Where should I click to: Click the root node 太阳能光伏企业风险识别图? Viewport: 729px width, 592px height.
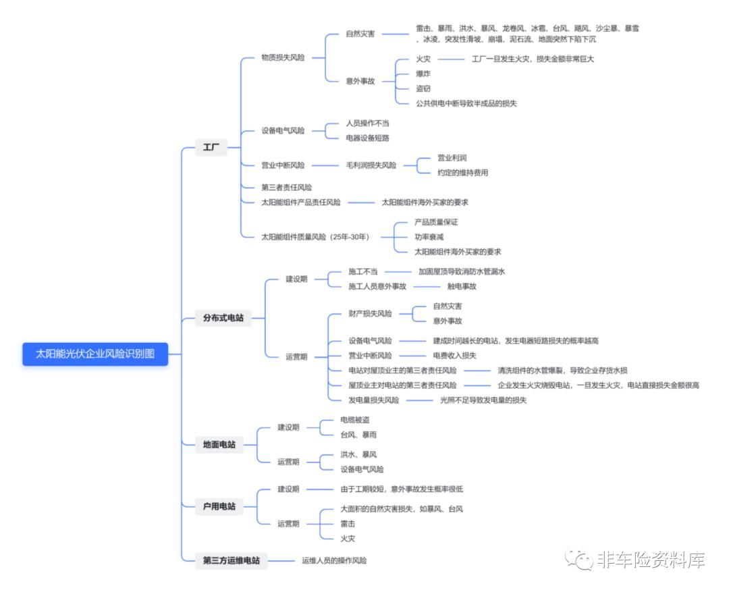pyautogui.click(x=95, y=354)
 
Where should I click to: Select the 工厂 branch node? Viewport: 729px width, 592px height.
pyautogui.click(x=211, y=147)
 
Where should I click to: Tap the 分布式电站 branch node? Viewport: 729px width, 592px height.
pyautogui.click(x=223, y=317)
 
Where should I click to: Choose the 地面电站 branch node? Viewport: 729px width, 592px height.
pyautogui.click(x=219, y=444)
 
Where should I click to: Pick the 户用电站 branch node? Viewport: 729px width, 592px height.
pyautogui.click(x=219, y=506)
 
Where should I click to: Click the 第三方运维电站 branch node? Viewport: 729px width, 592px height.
pyautogui.click(x=232, y=560)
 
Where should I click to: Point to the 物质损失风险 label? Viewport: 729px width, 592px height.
pyautogui.click(x=283, y=57)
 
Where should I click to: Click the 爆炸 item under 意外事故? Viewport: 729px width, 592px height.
pyautogui.click(x=423, y=74)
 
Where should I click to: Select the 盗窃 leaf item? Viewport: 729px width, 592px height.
pyautogui.click(x=423, y=88)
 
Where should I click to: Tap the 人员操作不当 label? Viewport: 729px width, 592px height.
pyautogui.click(x=367, y=123)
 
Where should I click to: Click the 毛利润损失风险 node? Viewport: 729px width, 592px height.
pyautogui.click(x=371, y=165)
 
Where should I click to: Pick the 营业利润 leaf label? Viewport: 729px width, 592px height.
pyautogui.click(x=452, y=157)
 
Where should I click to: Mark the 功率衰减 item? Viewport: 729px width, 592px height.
pyautogui.click(x=429, y=237)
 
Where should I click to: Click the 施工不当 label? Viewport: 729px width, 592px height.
pyautogui.click(x=362, y=271)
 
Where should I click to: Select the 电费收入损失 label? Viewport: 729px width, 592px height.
pyautogui.click(x=454, y=355)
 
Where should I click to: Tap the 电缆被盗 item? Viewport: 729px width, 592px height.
pyautogui.click(x=355, y=420)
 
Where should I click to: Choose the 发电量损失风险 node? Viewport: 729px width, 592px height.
pyautogui.click(x=373, y=400)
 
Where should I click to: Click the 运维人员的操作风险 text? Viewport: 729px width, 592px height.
pyautogui.click(x=334, y=560)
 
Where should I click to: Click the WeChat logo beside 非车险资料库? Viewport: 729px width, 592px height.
pyautogui.click(x=579, y=559)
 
